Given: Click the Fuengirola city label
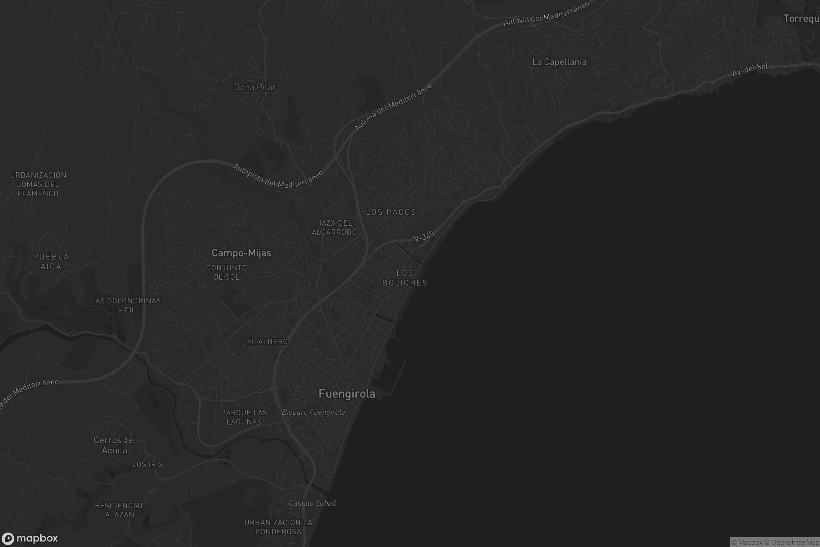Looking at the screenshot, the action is (x=347, y=394).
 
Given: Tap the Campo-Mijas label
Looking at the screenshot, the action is (x=241, y=253).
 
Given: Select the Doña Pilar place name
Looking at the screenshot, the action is (x=255, y=87).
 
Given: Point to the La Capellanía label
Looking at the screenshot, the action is (x=559, y=62).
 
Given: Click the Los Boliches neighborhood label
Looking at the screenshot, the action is (x=405, y=278).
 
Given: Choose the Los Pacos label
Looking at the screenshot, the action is (x=391, y=212).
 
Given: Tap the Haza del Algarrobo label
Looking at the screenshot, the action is (x=334, y=227).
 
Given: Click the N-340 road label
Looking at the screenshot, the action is (x=424, y=237).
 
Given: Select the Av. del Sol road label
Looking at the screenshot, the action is (x=750, y=70).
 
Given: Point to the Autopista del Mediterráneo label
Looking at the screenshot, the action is (x=278, y=176).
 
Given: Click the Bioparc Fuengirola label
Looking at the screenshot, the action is (x=313, y=412).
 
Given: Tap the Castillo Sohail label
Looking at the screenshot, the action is (x=312, y=503).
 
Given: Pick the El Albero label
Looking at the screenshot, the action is (x=268, y=342).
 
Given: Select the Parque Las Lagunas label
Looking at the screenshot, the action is (x=244, y=417).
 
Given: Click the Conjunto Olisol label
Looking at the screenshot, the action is (x=227, y=272).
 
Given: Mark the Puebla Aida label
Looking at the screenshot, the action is (x=51, y=262).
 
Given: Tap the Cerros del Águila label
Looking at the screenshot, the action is (x=114, y=445).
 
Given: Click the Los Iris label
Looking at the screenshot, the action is (x=148, y=464).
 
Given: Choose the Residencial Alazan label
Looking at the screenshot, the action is (x=120, y=510).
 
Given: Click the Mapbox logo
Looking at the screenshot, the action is (x=30, y=538).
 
